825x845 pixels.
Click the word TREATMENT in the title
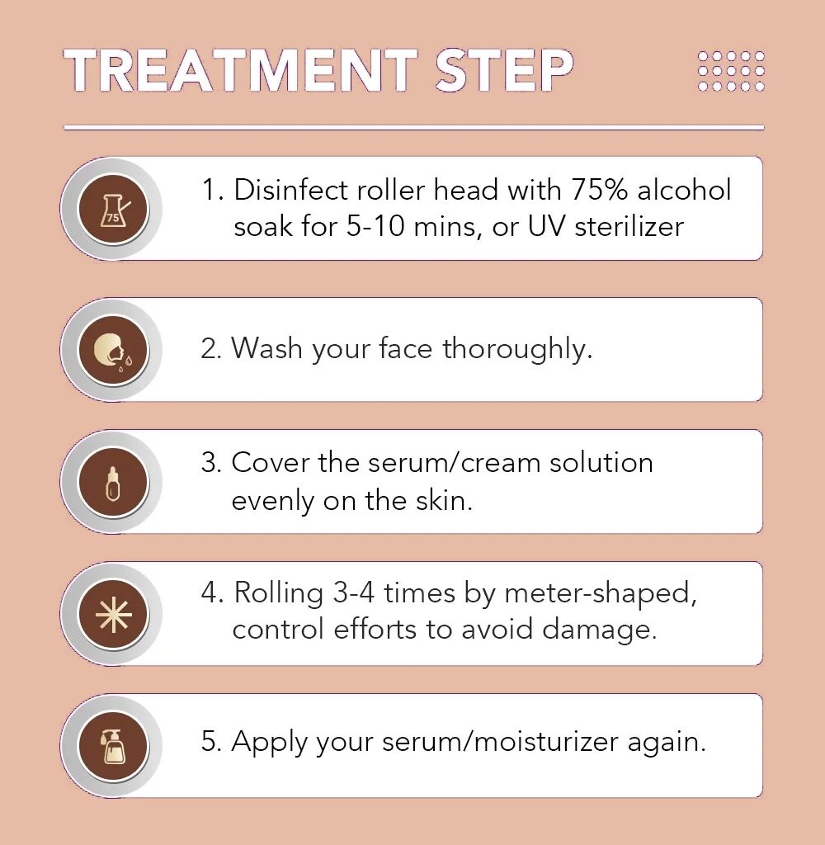point(241,71)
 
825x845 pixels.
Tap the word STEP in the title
point(504,71)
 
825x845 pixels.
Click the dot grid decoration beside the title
point(731,71)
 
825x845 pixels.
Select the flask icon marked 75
point(113,209)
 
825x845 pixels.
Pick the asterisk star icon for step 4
point(113,614)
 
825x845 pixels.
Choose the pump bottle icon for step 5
point(113,746)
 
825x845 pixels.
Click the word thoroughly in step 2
point(517,349)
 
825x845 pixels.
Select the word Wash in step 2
point(266,348)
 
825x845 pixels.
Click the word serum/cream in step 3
point(455,463)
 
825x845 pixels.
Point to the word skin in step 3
point(444,501)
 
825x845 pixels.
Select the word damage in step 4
point(599,630)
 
